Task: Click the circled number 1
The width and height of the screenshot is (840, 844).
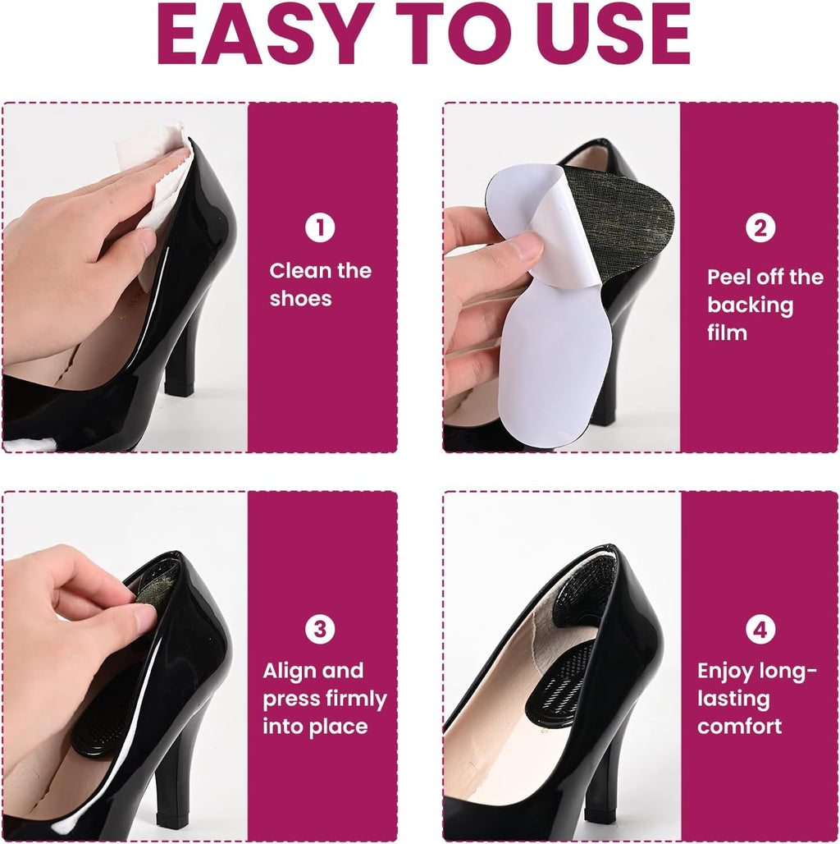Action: [x=320, y=228]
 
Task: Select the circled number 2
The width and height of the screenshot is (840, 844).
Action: [x=760, y=227]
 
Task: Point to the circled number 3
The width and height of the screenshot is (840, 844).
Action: [x=320, y=629]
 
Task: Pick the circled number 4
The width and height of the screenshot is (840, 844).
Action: [x=760, y=629]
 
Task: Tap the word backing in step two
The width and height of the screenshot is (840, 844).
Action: [x=751, y=305]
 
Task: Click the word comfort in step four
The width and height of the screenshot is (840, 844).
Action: [x=739, y=727]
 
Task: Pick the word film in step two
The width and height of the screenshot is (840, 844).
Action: [x=727, y=333]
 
